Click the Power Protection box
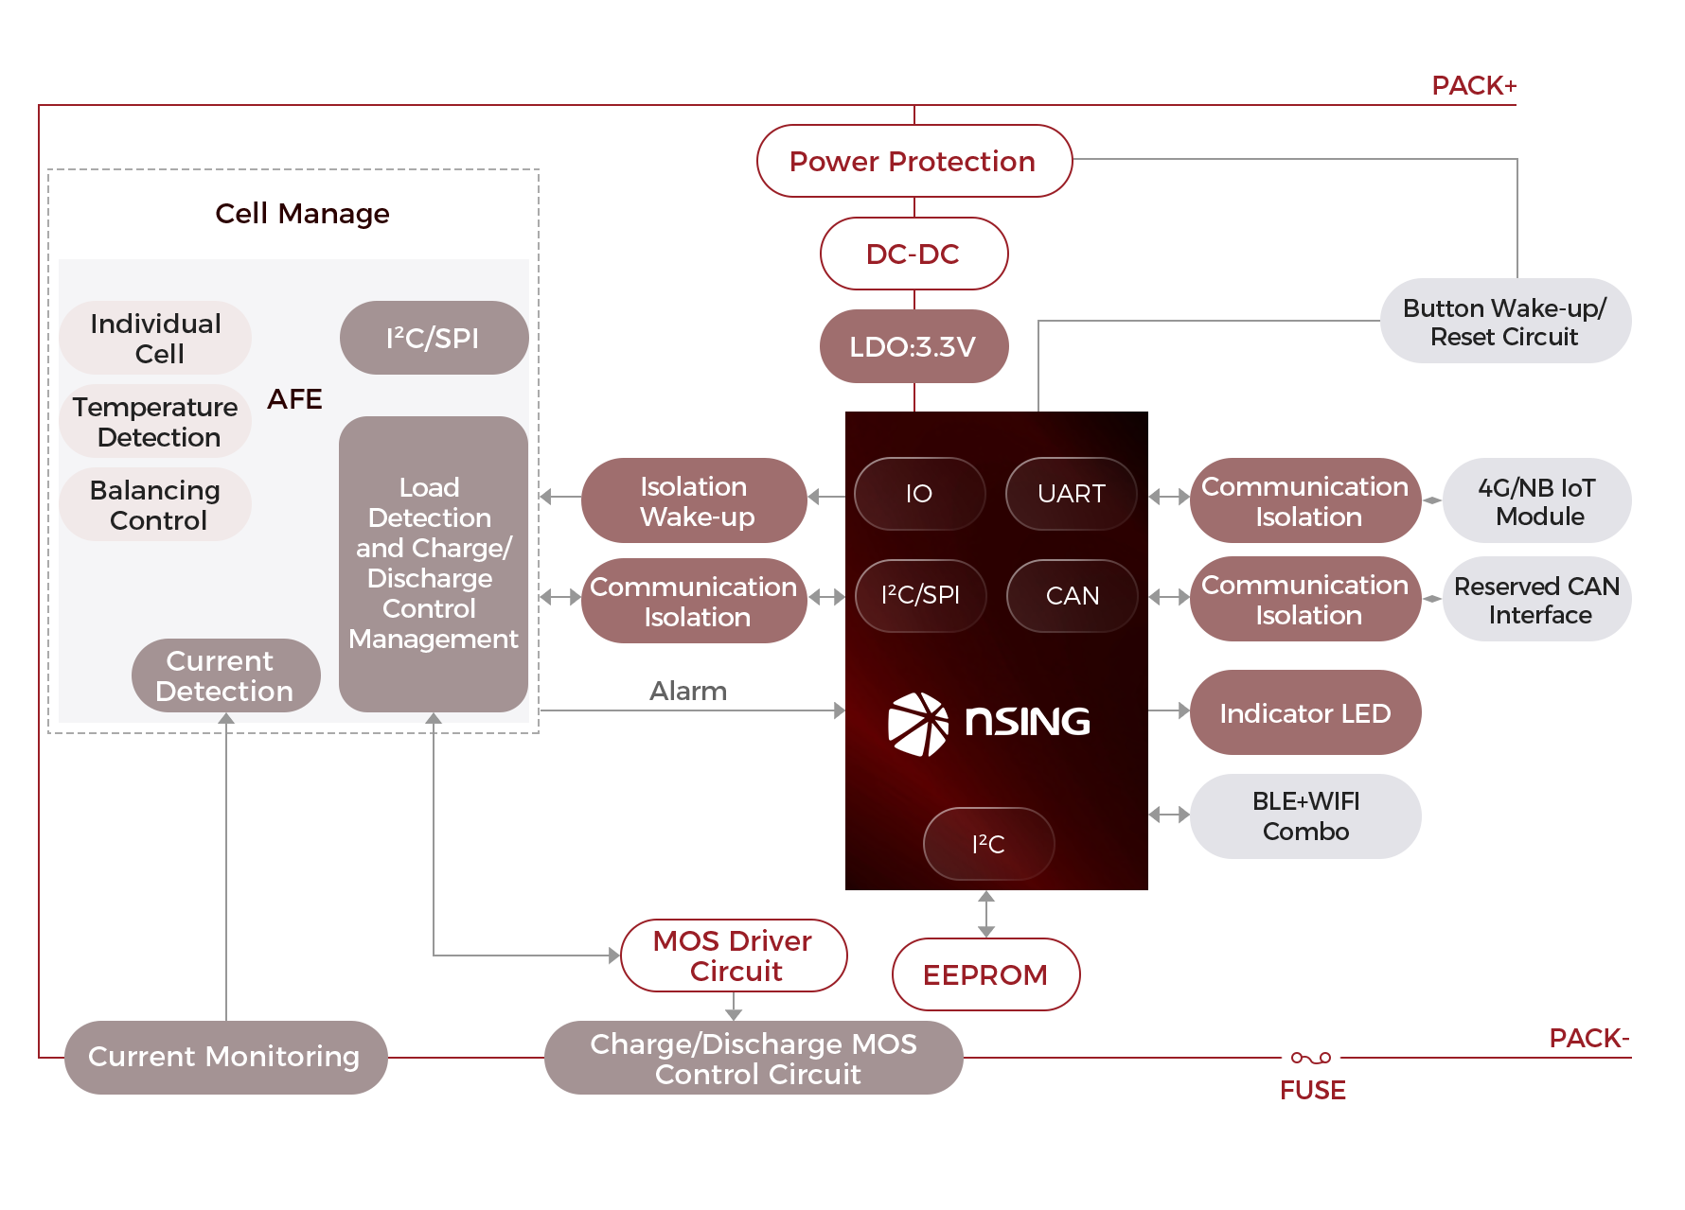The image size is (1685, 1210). (x=913, y=161)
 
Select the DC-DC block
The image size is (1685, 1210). (x=913, y=254)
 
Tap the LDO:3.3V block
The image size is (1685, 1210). (x=913, y=346)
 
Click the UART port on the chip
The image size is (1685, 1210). (x=1071, y=494)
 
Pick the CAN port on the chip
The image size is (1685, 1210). (x=1072, y=596)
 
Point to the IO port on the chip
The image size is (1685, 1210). (x=919, y=494)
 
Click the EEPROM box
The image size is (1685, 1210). (x=985, y=974)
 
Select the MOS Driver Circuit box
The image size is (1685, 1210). (x=734, y=956)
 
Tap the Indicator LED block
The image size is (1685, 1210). (x=1305, y=712)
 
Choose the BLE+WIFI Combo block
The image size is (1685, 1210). (x=1305, y=816)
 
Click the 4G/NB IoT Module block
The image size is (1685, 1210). (x=1537, y=501)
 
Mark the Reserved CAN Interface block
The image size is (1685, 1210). (x=1537, y=600)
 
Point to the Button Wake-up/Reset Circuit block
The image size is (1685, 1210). (x=1505, y=322)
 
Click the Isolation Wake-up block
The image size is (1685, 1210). (x=695, y=500)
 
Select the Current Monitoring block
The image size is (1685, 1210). (x=225, y=1057)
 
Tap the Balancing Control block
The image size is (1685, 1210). (x=156, y=505)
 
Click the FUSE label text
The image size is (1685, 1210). (x=1313, y=1091)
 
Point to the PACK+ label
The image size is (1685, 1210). (x=1474, y=86)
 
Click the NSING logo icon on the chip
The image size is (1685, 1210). (x=917, y=724)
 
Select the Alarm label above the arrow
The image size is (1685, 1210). (x=688, y=692)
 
